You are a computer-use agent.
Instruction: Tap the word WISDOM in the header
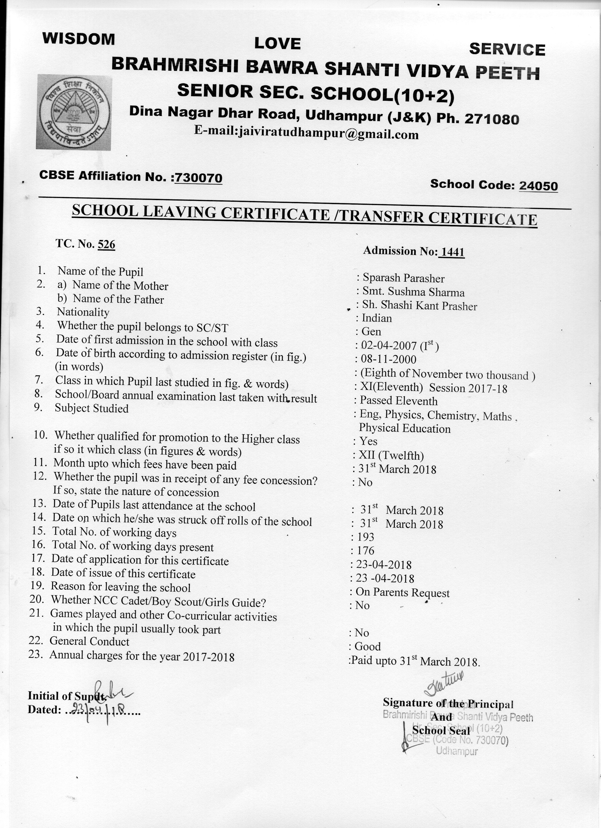click(79, 39)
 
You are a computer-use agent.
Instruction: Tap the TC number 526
click(106, 244)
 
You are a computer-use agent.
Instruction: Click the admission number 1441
click(452, 252)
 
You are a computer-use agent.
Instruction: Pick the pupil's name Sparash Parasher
click(403, 278)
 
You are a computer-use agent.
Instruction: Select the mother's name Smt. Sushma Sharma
click(413, 292)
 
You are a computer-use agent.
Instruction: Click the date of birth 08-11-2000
click(388, 359)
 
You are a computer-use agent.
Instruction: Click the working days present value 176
click(366, 551)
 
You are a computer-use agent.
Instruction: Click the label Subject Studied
click(92, 408)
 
